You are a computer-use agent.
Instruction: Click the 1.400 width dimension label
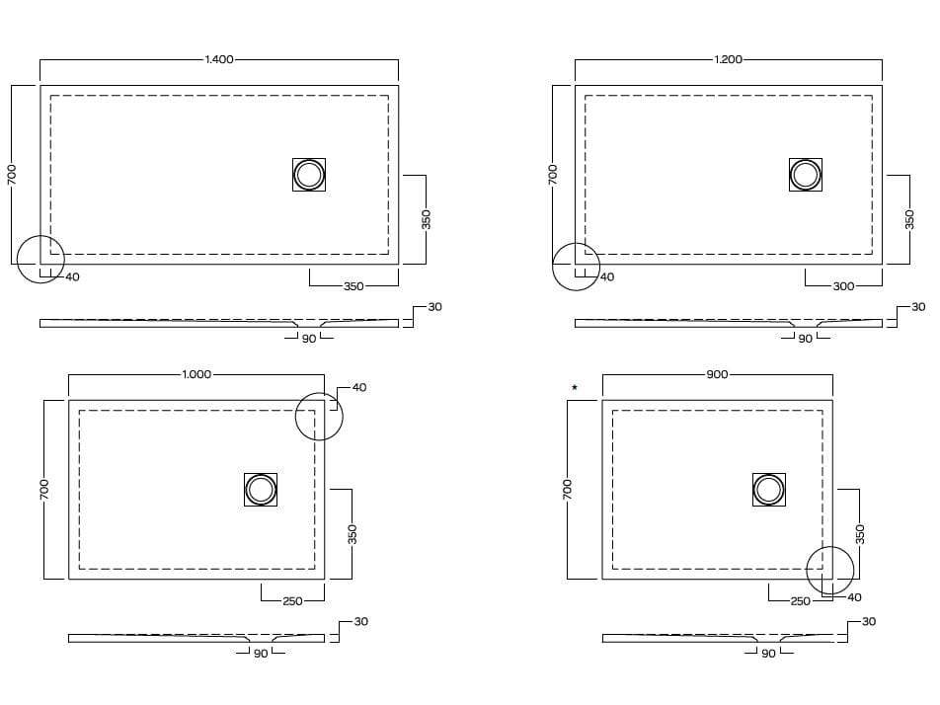pos(219,59)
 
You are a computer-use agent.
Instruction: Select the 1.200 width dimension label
pos(728,59)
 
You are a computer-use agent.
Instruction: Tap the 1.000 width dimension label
pos(196,374)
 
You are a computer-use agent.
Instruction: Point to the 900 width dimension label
pos(717,374)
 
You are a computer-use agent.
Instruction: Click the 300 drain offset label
pos(843,286)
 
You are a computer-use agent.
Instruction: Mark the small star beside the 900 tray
pos(575,387)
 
